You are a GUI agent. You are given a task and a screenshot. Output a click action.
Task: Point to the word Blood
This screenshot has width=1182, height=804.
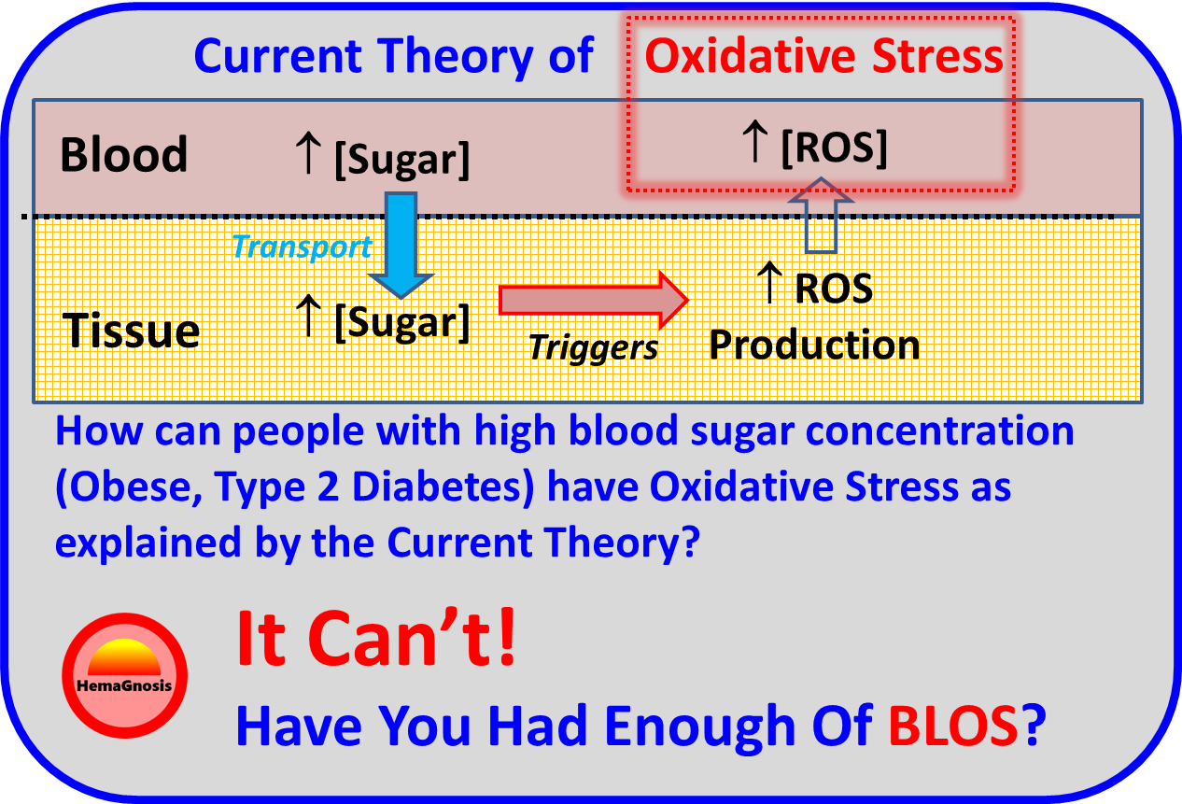(x=123, y=155)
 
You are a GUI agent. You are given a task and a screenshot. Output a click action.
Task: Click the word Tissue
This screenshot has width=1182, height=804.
(x=131, y=331)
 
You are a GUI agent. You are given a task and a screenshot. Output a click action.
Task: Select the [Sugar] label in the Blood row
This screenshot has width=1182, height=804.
(x=401, y=160)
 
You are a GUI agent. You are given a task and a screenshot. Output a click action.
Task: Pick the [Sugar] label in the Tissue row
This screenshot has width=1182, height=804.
(x=401, y=322)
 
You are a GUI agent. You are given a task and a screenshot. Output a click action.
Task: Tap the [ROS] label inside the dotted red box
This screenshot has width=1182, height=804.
(x=834, y=148)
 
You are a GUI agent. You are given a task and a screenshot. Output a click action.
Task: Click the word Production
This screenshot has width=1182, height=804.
(x=814, y=345)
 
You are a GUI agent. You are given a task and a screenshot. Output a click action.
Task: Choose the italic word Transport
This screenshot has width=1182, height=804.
(x=301, y=247)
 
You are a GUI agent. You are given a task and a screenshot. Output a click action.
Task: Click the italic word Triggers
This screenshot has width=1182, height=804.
(x=594, y=347)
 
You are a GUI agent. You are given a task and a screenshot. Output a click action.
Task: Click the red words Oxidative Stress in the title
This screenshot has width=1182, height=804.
(x=824, y=57)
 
